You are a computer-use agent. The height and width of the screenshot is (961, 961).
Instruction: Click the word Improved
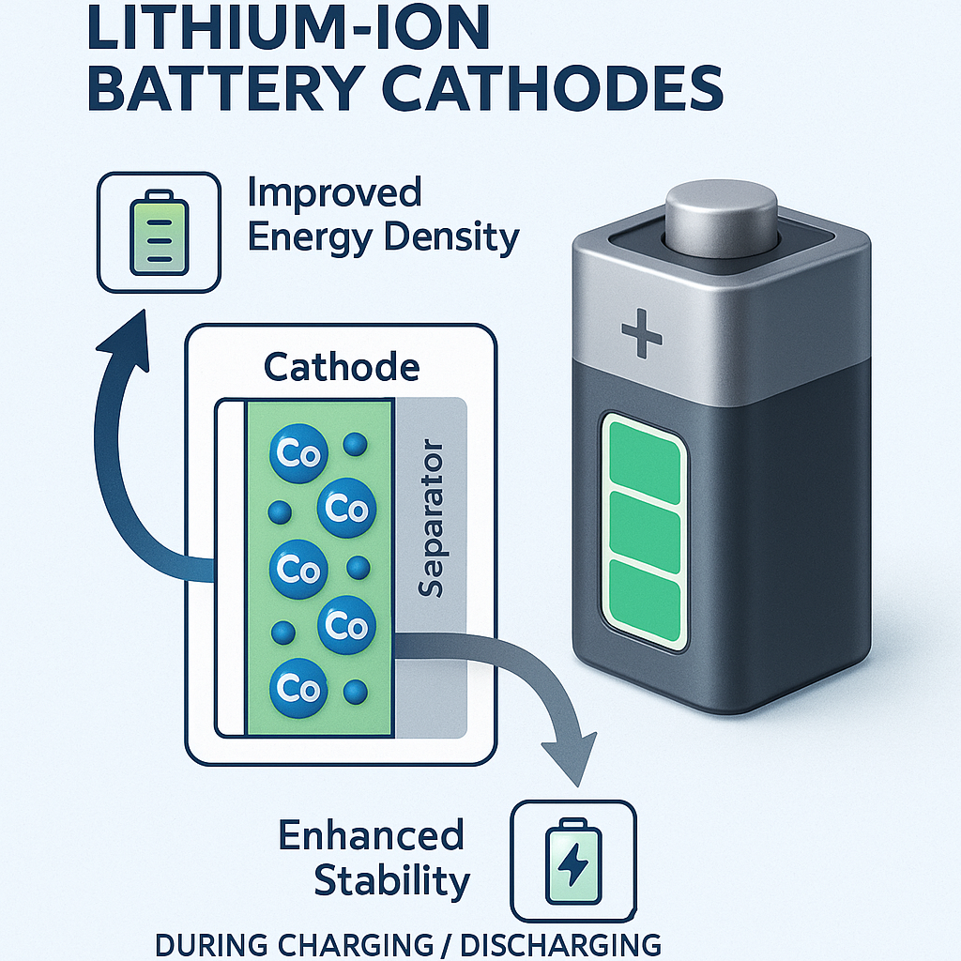[x=334, y=193]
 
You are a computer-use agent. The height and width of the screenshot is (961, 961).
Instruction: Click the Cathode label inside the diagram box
[x=341, y=366]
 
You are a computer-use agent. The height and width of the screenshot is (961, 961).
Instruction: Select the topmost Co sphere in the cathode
[x=296, y=454]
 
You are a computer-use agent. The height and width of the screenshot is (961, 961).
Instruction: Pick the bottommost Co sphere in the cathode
[x=297, y=688]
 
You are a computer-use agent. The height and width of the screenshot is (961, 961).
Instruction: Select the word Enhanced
[x=372, y=835]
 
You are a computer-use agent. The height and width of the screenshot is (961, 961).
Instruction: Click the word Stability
[x=391, y=881]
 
